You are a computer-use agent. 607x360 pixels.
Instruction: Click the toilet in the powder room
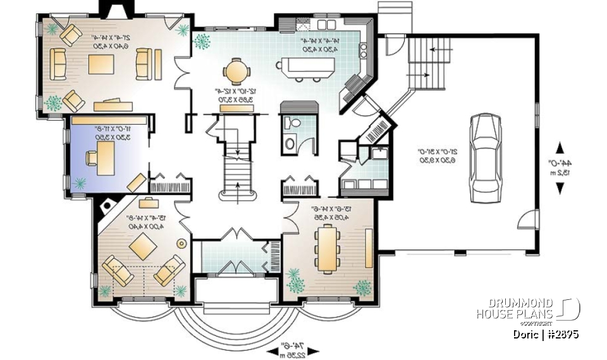click(x=293, y=123)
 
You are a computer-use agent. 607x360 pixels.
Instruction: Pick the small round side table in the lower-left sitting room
click(x=181, y=242)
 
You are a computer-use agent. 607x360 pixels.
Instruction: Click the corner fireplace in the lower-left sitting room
click(x=107, y=205)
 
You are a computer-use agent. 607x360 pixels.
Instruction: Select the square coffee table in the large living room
click(x=101, y=64)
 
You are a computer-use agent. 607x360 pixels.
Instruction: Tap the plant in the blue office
click(x=80, y=183)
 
